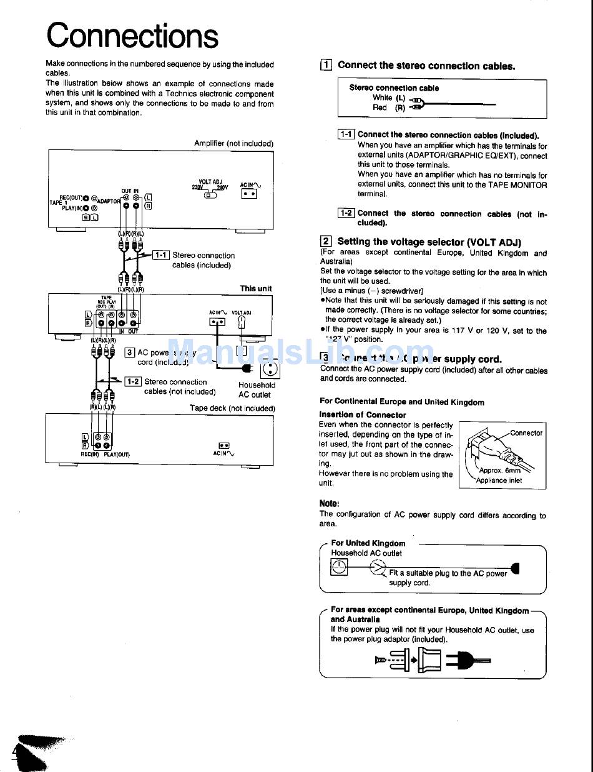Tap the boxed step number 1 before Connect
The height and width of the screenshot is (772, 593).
click(x=325, y=65)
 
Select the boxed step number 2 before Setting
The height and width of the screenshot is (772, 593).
click(x=325, y=241)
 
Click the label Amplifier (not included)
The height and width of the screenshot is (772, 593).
click(x=233, y=143)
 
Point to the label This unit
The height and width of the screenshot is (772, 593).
click(x=256, y=288)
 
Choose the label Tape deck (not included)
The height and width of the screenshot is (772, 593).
click(x=232, y=408)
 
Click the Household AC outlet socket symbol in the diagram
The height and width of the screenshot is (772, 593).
click(x=270, y=369)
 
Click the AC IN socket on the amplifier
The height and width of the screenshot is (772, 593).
click(x=249, y=194)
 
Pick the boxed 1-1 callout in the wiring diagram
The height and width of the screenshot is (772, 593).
click(x=162, y=255)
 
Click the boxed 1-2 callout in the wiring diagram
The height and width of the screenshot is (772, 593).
click(x=133, y=381)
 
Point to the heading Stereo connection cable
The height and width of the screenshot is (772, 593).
click(x=393, y=88)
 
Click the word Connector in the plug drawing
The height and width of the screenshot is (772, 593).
click(x=526, y=433)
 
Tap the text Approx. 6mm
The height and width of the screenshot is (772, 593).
click(x=499, y=471)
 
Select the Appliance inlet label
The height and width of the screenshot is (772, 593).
click(x=499, y=481)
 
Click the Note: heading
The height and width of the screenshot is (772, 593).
click(x=329, y=503)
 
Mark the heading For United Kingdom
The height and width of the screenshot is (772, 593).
click(x=368, y=543)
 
